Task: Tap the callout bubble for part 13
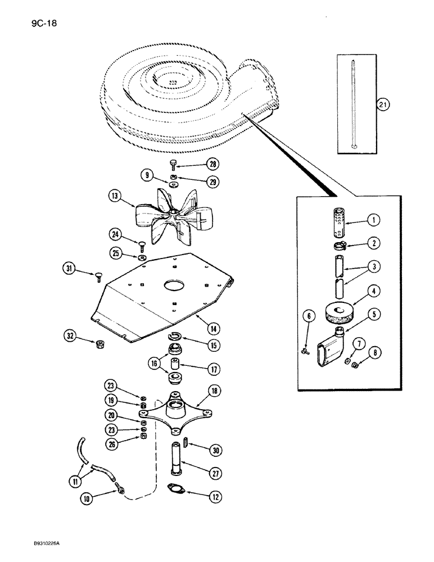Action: [x=116, y=197]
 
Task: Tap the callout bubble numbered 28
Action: [x=212, y=164]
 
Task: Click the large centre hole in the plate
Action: [x=175, y=286]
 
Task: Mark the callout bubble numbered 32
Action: [x=71, y=338]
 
